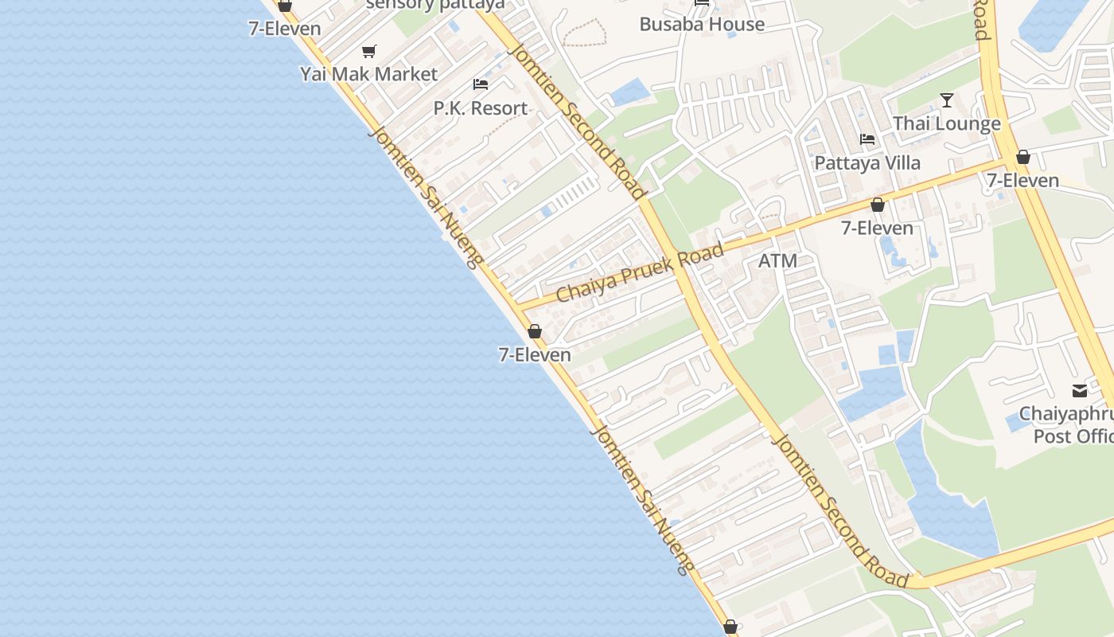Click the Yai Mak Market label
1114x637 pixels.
(x=368, y=74)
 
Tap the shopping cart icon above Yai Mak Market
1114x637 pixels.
(x=368, y=52)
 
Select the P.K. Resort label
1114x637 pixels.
(x=480, y=108)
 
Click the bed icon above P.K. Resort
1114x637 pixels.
(x=480, y=84)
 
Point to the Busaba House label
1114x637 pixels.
(x=702, y=24)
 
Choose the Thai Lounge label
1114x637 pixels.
(x=946, y=123)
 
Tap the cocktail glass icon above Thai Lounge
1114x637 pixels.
(x=946, y=100)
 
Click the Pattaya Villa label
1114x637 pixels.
(x=867, y=162)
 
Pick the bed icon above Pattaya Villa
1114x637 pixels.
(x=867, y=139)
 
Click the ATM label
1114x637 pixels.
(x=777, y=260)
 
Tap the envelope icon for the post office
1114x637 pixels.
(x=1080, y=391)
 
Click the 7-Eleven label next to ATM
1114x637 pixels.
(x=877, y=228)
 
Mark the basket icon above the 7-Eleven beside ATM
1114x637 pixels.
(x=877, y=205)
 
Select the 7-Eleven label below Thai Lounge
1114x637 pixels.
(x=1022, y=180)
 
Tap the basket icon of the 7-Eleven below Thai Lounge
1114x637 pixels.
(x=1023, y=158)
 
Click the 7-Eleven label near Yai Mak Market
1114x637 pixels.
(x=284, y=29)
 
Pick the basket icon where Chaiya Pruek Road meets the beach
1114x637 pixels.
(x=535, y=331)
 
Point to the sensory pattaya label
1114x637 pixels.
(x=435, y=4)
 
